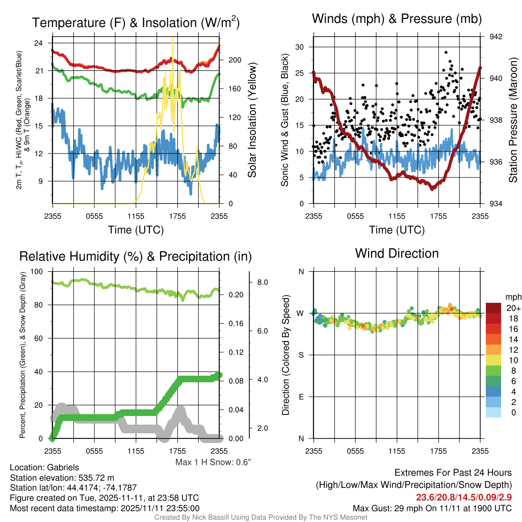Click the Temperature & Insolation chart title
pos(136,22)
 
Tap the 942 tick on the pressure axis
pos(495,37)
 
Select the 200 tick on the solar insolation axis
pos(234,60)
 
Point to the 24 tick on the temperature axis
pos(38,43)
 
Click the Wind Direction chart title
pos(397,253)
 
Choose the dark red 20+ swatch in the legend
pos(493,308)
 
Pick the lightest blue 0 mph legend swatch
pos(493,412)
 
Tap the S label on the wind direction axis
pos(301,355)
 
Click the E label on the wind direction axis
pos(301,397)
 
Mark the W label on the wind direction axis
pos(300,314)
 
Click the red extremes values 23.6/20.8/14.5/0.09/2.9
pos(464,498)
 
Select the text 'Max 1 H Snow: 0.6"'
pos(213,462)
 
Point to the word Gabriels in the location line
pos(63,467)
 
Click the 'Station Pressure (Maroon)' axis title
pos(513,120)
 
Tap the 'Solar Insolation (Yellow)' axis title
pos(252,120)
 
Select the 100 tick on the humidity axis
pos(37,271)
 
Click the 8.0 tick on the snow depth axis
pos(263,282)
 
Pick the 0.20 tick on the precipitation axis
pos(236,295)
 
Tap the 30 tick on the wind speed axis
pos(300,47)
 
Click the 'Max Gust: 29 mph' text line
pos(432,508)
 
